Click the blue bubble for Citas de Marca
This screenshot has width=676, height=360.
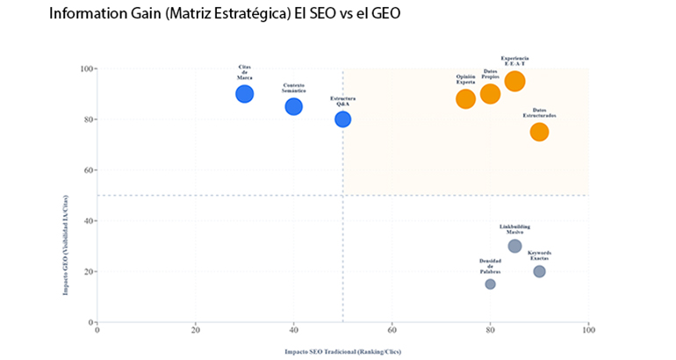pos(245,94)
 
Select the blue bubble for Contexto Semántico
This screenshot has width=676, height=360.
pos(294,106)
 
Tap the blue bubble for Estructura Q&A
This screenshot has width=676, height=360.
pos(342,119)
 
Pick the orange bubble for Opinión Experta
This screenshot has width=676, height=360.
pos(466,98)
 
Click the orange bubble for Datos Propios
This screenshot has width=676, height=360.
pos(491,94)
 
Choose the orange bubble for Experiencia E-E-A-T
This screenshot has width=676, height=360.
pos(515,82)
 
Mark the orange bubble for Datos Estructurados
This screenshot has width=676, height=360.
pos(539,132)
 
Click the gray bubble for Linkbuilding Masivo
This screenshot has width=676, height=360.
pos(515,246)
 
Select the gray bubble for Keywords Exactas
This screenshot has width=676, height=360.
pos(539,271)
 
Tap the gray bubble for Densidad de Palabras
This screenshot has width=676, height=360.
pos(491,284)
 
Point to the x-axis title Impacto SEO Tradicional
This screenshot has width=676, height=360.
pos(342,350)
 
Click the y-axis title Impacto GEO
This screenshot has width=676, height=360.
pos(66,195)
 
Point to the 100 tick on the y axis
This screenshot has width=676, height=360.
pos(87,68)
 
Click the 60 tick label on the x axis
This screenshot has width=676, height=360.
pos(392,330)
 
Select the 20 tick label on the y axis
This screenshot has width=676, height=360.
pos(89,271)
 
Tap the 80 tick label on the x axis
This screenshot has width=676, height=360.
pos(491,330)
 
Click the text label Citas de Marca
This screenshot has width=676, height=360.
pos(245,72)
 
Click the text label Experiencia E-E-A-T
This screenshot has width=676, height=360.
pos(515,61)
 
